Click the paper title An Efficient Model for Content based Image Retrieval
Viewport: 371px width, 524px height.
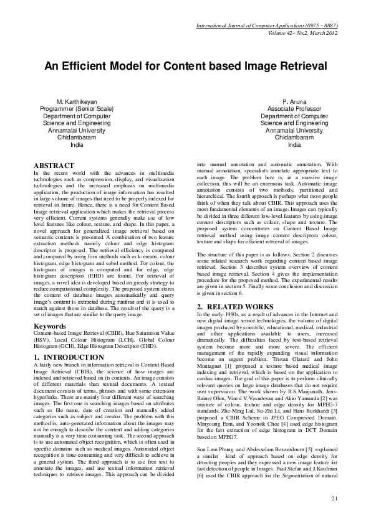[185, 65]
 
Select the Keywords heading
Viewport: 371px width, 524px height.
[50, 325]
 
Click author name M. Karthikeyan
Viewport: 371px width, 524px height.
[77, 101]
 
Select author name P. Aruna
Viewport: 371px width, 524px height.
[294, 101]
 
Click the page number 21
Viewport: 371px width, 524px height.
[334, 498]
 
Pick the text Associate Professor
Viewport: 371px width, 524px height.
[294, 108]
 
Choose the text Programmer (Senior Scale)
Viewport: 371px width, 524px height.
[77, 108]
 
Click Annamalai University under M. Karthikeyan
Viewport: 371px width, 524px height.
[77, 131]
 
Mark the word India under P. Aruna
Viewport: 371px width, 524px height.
[294, 145]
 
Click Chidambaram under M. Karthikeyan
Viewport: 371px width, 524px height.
[77, 138]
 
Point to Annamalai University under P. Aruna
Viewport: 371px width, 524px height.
[294, 131]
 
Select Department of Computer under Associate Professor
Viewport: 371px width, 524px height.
[294, 116]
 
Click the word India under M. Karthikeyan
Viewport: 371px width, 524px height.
[77, 145]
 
